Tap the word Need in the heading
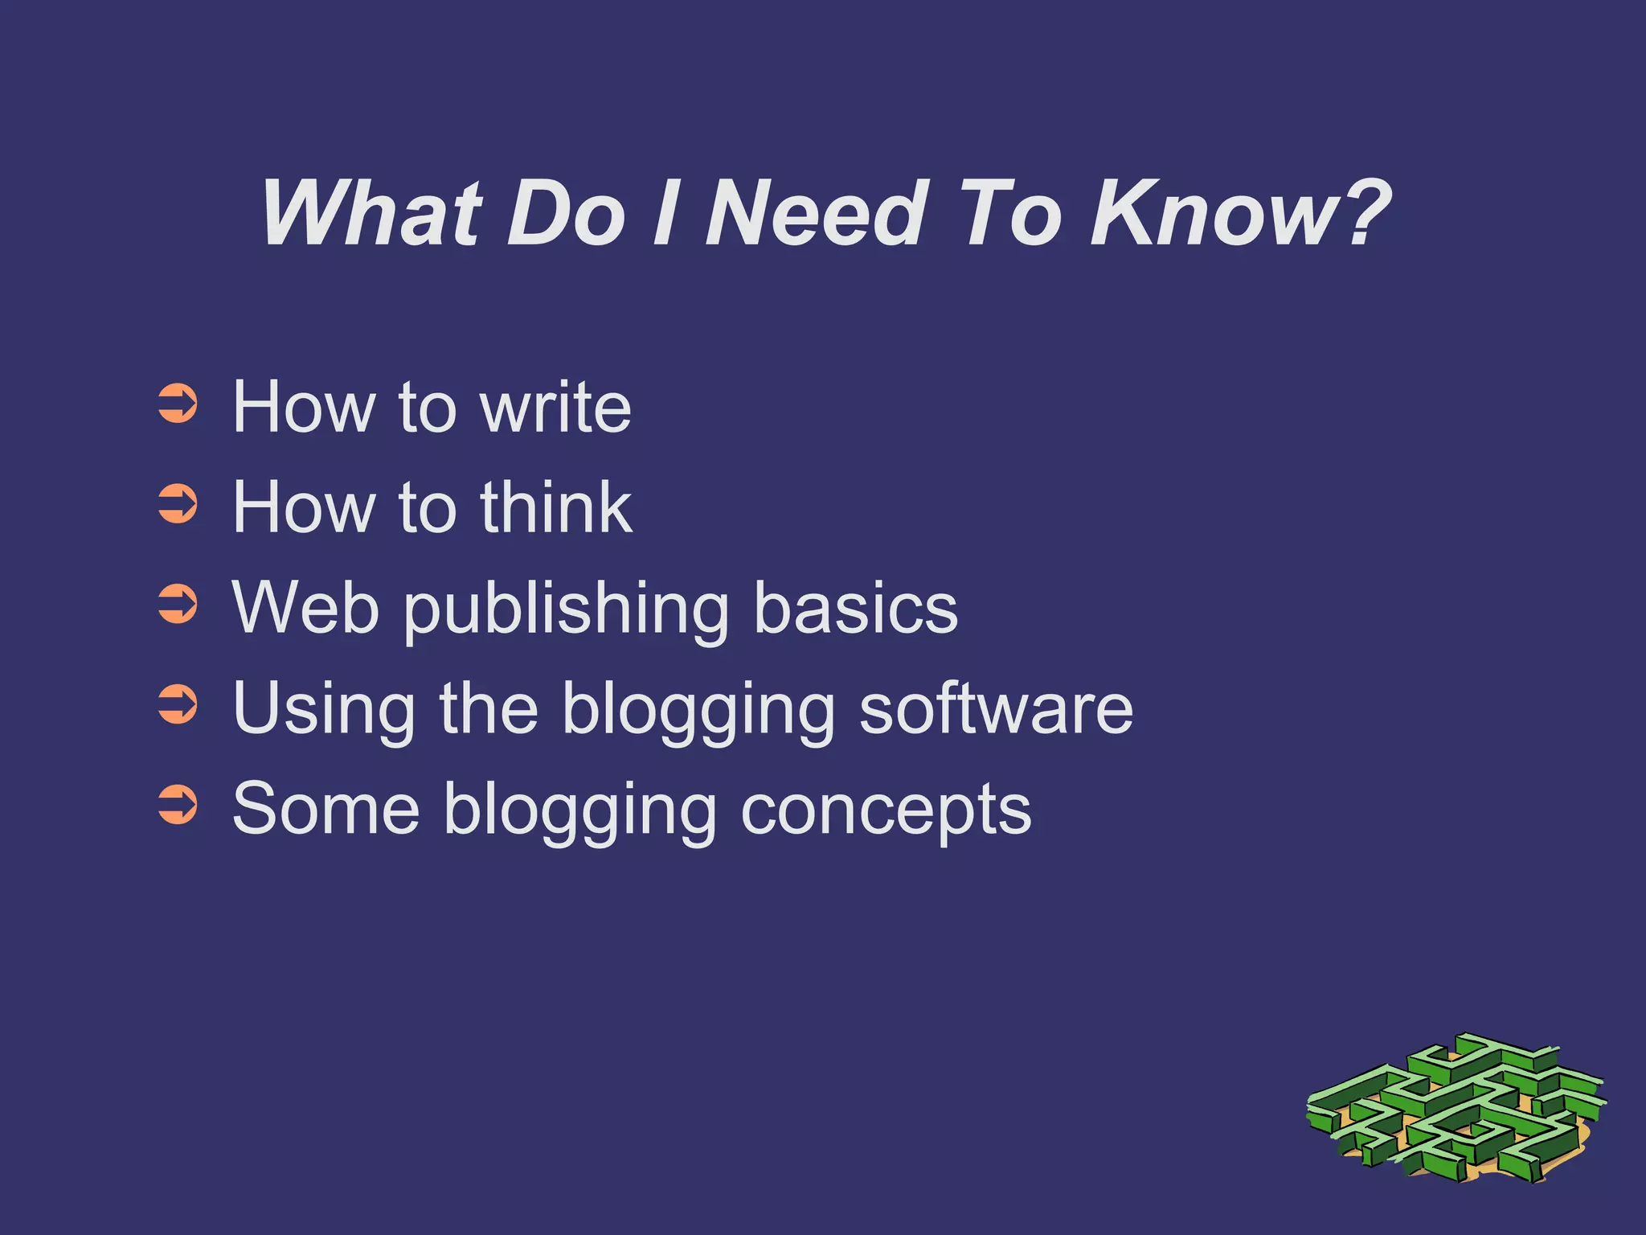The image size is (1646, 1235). (817, 213)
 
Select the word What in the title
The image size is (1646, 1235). (371, 213)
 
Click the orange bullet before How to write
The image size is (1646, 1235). (178, 404)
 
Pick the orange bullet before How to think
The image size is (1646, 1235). (178, 505)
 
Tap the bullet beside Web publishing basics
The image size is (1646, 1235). (178, 605)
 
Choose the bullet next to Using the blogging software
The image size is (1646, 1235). (178, 705)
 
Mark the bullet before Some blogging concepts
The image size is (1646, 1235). (178, 806)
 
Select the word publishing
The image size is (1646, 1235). (566, 611)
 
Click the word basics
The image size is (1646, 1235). (855, 608)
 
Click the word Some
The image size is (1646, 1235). (326, 809)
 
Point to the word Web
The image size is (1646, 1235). (305, 608)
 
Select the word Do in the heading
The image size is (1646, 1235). (566, 213)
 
